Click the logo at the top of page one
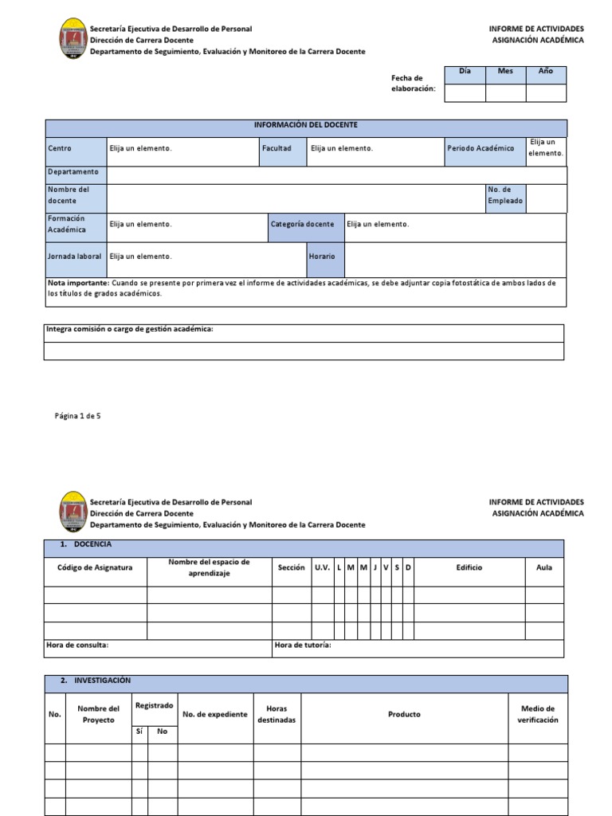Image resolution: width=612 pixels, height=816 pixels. (x=73, y=39)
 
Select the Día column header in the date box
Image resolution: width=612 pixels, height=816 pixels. (x=465, y=72)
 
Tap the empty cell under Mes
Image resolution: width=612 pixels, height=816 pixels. (x=505, y=92)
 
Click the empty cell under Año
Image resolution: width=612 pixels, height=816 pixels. (x=546, y=92)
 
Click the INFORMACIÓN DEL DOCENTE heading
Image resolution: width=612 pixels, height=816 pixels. (x=305, y=126)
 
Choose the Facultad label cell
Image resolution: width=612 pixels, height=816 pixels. (x=277, y=148)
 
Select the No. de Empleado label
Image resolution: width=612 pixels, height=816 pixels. (x=505, y=195)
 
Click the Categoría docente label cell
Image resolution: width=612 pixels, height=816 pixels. (x=302, y=225)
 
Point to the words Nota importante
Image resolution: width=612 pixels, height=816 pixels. (x=77, y=283)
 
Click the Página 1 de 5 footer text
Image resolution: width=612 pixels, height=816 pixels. (x=77, y=416)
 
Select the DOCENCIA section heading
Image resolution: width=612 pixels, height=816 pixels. (x=92, y=544)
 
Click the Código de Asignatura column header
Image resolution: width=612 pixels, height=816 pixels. (x=95, y=567)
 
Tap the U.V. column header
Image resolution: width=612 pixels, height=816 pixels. (x=322, y=567)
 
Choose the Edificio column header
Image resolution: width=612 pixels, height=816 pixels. (x=469, y=567)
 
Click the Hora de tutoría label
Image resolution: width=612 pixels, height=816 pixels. (x=303, y=645)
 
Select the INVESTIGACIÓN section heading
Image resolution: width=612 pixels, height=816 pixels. (x=102, y=681)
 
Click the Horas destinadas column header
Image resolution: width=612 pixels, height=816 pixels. (x=277, y=714)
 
